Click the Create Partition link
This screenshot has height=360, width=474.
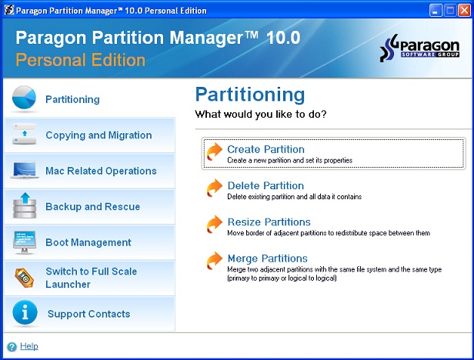[x=265, y=149]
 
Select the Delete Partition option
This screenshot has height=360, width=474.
[x=265, y=185]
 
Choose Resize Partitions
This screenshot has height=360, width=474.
[x=269, y=222]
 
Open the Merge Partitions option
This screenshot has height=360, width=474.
[x=268, y=258]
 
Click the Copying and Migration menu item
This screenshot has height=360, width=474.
[x=98, y=135]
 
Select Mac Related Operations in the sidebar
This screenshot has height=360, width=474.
[x=101, y=171]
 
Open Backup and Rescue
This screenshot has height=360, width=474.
[x=93, y=206]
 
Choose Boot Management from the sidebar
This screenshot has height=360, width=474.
[x=88, y=242]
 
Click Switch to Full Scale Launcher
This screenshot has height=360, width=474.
[x=92, y=278]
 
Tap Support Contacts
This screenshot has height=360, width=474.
[x=89, y=314]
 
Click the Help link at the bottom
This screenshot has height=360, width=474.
[x=29, y=346]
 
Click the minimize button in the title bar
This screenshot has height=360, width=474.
[x=436, y=11]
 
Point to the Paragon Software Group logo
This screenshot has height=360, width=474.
[x=419, y=48]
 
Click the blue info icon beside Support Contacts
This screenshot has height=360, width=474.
[x=25, y=312]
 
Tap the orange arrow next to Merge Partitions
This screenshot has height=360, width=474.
[x=215, y=260]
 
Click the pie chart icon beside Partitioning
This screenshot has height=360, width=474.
[x=24, y=98]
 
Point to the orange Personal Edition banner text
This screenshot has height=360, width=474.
[x=80, y=60]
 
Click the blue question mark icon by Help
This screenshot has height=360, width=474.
[x=12, y=347]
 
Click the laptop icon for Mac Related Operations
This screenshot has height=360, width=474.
[x=25, y=170]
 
